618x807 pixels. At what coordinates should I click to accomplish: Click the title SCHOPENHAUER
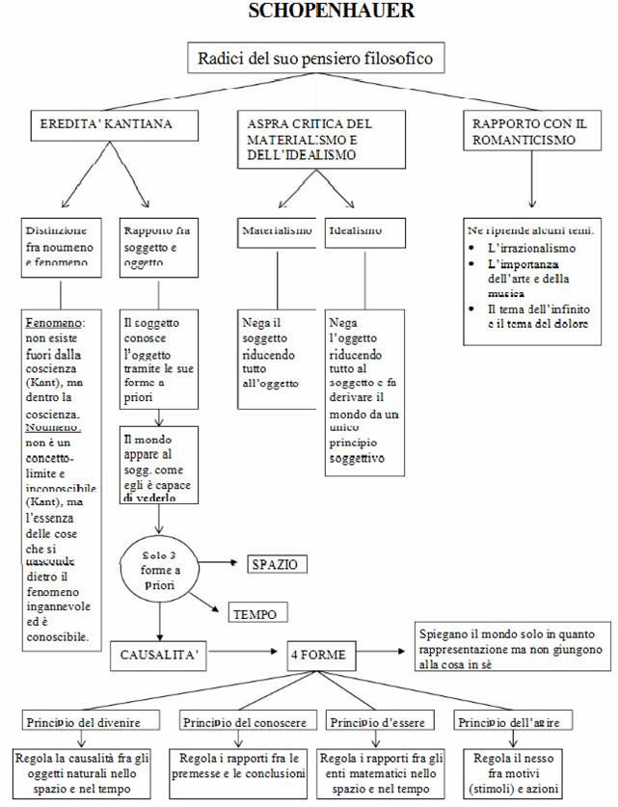pos(318,12)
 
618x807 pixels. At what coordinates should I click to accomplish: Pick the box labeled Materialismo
pos(276,231)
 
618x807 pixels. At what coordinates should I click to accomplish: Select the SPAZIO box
pos(277,563)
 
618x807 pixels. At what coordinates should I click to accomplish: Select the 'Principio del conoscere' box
pos(244,722)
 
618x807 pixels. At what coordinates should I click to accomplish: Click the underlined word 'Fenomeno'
pos(55,320)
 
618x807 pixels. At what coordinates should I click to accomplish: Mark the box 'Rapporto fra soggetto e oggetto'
pos(159,247)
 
